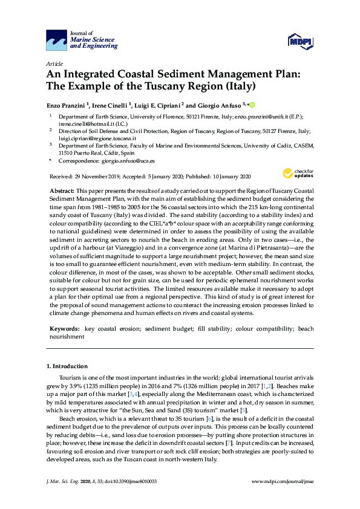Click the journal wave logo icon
pos(56,41)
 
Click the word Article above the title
pos(54,63)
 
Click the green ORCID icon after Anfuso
pos(252,104)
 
